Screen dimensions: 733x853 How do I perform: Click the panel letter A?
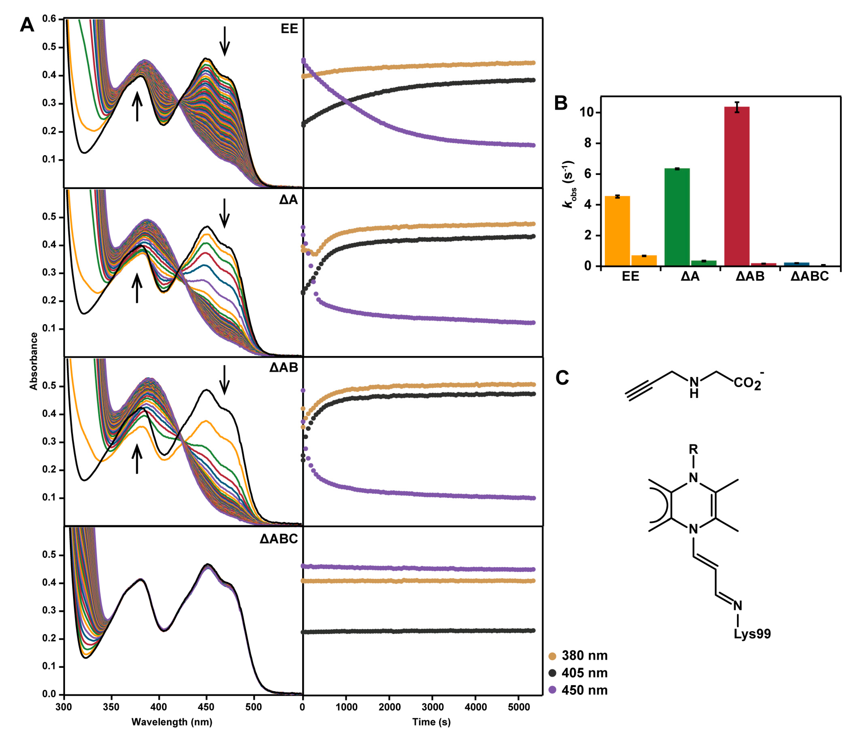click(x=27, y=26)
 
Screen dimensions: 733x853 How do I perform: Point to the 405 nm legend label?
click(x=584, y=673)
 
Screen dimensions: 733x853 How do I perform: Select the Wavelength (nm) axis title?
click(x=172, y=722)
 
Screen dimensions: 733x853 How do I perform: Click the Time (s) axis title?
click(x=431, y=722)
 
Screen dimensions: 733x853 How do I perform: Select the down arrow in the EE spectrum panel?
click(x=224, y=41)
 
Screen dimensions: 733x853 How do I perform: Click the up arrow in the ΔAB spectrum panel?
click(x=137, y=460)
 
